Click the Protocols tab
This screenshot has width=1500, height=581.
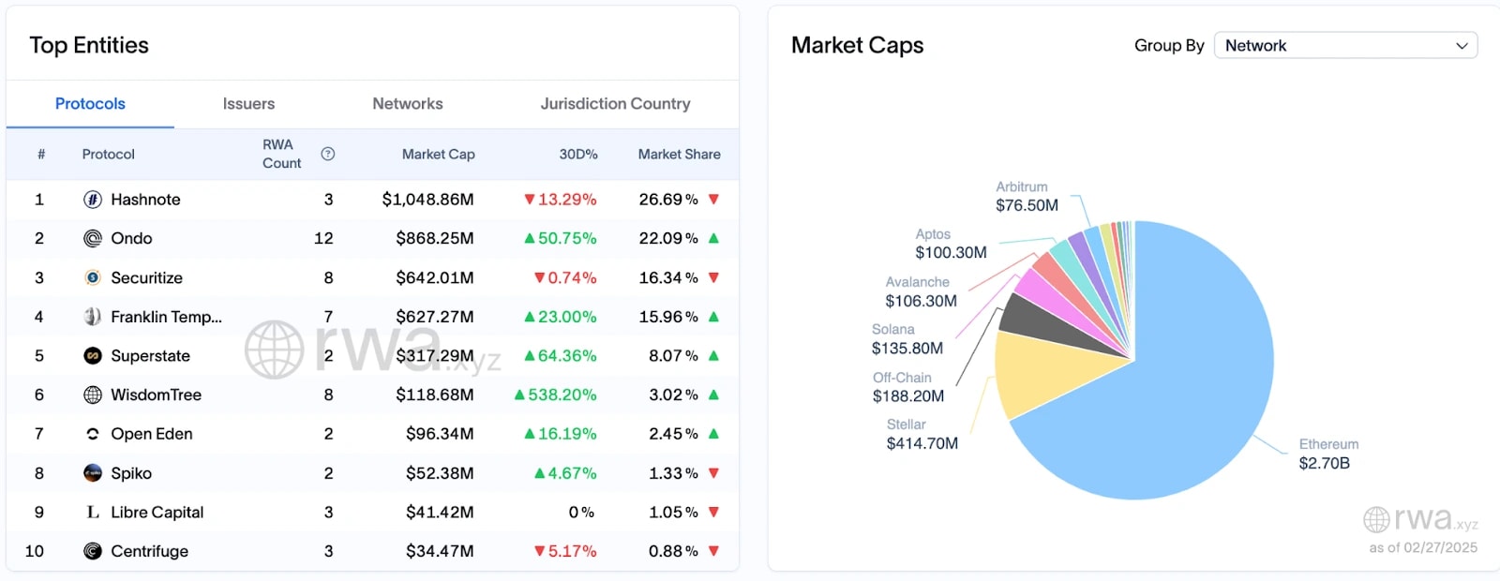point(90,104)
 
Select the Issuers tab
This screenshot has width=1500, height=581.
point(248,104)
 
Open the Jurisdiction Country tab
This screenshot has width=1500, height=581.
point(615,104)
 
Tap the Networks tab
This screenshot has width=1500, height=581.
point(407,104)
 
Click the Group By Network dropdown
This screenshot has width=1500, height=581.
point(1345,46)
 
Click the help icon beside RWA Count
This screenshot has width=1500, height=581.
point(327,154)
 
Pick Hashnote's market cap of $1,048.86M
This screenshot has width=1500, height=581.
point(427,200)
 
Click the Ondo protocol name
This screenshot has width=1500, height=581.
point(131,239)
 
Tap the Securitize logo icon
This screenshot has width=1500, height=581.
point(92,278)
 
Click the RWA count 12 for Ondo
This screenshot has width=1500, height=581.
point(323,239)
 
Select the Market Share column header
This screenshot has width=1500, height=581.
point(679,155)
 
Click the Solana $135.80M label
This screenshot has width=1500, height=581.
point(907,349)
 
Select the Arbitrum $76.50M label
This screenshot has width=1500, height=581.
point(1027,205)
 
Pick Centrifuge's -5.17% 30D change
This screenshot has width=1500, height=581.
point(565,552)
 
